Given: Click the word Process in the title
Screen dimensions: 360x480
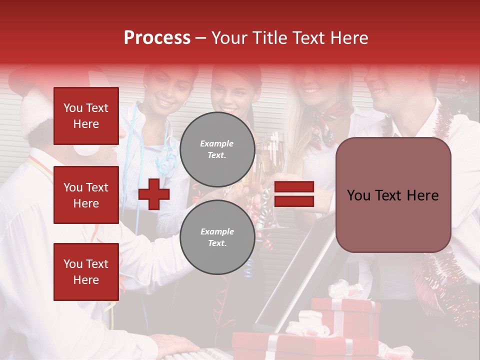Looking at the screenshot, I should (x=157, y=38).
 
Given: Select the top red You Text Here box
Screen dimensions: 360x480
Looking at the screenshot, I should (x=86, y=116).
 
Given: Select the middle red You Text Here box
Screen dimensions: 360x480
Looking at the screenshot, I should (x=86, y=195).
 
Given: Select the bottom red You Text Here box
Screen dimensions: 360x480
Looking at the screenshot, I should (x=86, y=271).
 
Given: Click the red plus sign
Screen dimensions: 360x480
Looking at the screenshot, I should (x=154, y=194).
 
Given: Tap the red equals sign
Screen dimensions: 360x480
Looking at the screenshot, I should (x=294, y=194).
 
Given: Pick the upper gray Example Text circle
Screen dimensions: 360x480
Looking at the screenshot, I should (x=217, y=149).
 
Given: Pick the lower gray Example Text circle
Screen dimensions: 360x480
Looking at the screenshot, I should (x=217, y=237).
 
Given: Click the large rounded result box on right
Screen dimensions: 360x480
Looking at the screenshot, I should (x=393, y=195).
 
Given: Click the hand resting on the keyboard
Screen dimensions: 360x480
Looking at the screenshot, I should (x=175, y=345).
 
